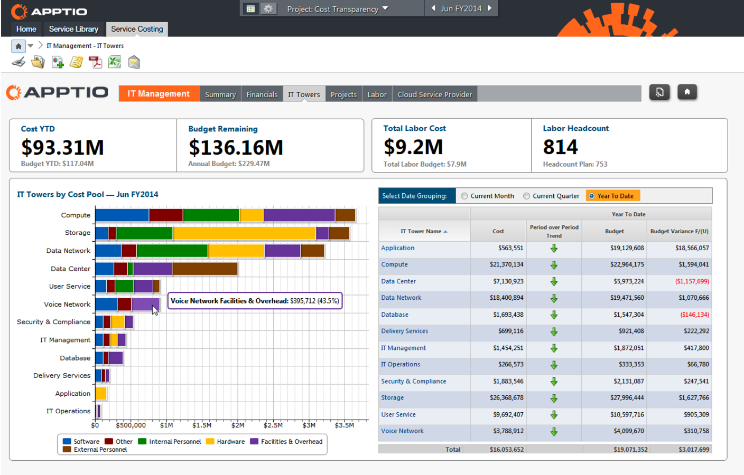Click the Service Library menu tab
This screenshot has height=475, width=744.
tap(73, 29)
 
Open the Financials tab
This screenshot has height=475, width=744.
tap(262, 94)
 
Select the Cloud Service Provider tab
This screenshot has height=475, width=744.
tap(434, 94)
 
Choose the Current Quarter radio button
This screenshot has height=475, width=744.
tap(526, 196)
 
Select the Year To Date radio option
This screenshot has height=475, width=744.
tap(592, 196)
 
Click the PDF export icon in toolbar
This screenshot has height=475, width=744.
tap(95, 62)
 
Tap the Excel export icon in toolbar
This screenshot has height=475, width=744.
tap(114, 62)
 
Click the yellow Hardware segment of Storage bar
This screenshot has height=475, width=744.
tap(244, 233)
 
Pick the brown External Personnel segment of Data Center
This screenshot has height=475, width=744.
tap(204, 269)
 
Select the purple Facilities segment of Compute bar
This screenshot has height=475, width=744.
tap(299, 215)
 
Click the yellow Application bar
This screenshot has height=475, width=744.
tap(101, 393)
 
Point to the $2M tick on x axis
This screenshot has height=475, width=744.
tap(238, 425)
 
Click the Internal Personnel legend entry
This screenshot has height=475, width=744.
tap(170, 442)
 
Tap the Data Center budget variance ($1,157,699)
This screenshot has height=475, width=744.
tap(692, 281)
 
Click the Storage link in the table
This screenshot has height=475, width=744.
tap(393, 398)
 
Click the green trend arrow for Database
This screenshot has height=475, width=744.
tap(554, 315)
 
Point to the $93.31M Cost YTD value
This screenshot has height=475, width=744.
tap(62, 147)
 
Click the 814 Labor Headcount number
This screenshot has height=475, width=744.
tap(560, 147)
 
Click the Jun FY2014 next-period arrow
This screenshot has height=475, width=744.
tap(490, 8)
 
